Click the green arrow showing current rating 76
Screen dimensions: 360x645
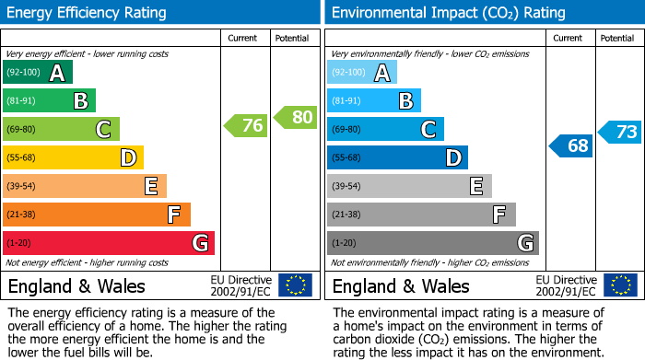pyautogui.click(x=246, y=126)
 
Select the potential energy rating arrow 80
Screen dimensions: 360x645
pyautogui.click(x=296, y=117)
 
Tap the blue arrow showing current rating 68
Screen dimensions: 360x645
pyautogui.click(x=571, y=145)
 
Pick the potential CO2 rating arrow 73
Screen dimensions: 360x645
pyautogui.click(x=620, y=132)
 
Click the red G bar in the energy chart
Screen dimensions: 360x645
pyautogui.click(x=109, y=243)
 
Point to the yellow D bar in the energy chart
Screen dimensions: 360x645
pyautogui.click(x=73, y=158)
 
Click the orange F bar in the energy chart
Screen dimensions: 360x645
pyautogui.click(x=97, y=215)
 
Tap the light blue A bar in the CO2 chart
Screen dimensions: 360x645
pyautogui.click(x=362, y=73)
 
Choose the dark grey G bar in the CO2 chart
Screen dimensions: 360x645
pyautogui.click(x=432, y=243)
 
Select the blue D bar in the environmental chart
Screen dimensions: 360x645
pyautogui.click(x=397, y=158)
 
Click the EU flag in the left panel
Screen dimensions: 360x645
pyautogui.click(x=295, y=285)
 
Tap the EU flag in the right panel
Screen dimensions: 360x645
pyautogui.click(x=620, y=285)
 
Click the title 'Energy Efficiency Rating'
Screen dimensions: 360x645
pyautogui.click(x=88, y=13)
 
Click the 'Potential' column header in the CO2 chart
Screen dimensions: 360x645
pyautogui.click(x=617, y=38)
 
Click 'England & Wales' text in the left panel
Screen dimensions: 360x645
pyautogui.click(x=76, y=286)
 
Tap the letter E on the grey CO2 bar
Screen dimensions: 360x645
pyautogui.click(x=476, y=187)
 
